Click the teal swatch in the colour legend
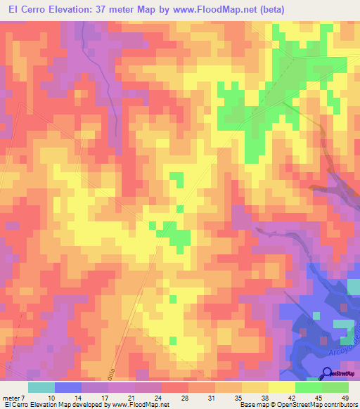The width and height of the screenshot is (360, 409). (x=41, y=387)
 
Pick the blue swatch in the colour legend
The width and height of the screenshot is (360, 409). (x=68, y=387)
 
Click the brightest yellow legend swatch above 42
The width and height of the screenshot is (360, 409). (x=281, y=387)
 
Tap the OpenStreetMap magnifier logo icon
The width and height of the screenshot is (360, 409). (x=327, y=373)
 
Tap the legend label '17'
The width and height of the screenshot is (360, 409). (x=108, y=397)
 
